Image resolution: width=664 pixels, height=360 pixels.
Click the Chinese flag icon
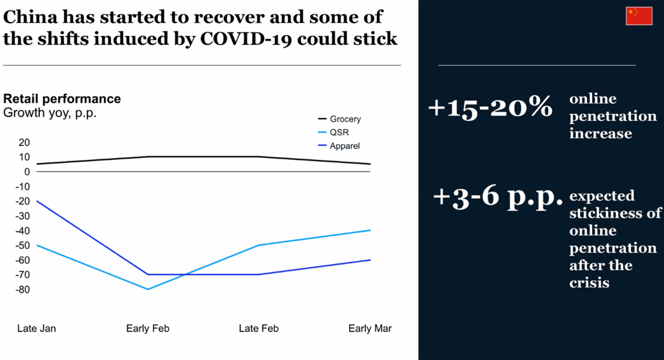pos(639,16)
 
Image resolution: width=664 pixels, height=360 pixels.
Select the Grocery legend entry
pos(345,119)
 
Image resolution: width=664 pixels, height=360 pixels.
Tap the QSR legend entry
pos(338,132)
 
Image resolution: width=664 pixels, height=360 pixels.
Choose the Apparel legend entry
pos(344,146)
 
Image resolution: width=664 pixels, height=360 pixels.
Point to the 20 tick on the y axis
pos(24,142)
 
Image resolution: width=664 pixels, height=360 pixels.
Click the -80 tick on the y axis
pos(22,290)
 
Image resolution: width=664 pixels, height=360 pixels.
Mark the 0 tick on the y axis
pos(27,171)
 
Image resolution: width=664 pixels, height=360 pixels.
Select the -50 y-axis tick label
pos(22,245)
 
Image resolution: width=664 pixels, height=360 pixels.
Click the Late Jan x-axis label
pos(37,329)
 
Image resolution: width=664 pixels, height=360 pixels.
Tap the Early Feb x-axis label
pos(148,329)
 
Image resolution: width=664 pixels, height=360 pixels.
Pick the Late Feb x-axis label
pos(259,329)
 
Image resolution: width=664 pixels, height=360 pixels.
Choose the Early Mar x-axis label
pos(370,329)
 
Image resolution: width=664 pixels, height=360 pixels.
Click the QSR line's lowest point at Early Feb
pos(148,289)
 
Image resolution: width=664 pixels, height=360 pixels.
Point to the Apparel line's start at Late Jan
pos(37,201)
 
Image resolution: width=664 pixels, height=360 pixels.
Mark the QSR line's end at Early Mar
pos(370,230)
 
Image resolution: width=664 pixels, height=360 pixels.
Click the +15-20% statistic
pos(490,107)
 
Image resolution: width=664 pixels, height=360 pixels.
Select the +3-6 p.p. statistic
pos(498,196)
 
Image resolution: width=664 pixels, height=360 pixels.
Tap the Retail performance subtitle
pos(62,99)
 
